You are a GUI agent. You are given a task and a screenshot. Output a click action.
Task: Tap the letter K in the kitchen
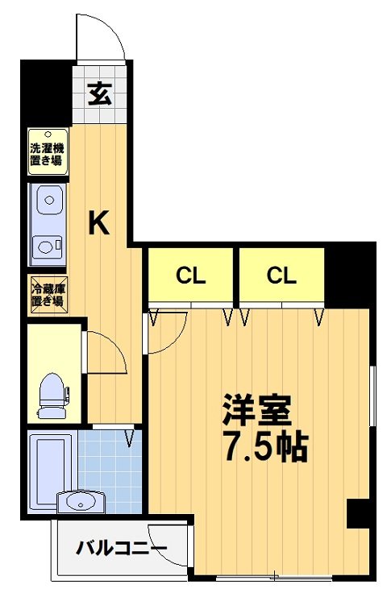pos(98,223)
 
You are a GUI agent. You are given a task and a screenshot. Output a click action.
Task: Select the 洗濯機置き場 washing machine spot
pos(47,152)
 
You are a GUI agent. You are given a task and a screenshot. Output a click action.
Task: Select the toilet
pos(53,393)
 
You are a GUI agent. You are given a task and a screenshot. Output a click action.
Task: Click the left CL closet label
pos(191,276)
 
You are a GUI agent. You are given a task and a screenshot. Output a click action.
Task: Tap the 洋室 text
pos(256,410)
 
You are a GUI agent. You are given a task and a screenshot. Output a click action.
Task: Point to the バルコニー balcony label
pos(122,549)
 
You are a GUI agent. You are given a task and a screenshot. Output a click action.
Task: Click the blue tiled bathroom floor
pos(109,475)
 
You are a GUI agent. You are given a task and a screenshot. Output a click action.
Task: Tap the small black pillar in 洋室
pos(356,513)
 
